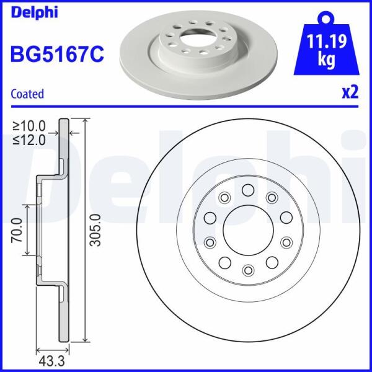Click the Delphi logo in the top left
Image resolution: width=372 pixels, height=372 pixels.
34,13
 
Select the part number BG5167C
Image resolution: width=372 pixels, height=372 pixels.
57,55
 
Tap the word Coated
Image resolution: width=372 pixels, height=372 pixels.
27,94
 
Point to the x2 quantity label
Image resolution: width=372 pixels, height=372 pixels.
350,92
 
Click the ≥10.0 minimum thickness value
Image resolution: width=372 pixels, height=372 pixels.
29,126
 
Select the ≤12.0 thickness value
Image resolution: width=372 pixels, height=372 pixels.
29,140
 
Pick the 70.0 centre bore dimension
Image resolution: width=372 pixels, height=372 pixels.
17,230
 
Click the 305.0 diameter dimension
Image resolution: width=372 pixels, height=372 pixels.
96,230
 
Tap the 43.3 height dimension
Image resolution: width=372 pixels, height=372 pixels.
51,361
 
